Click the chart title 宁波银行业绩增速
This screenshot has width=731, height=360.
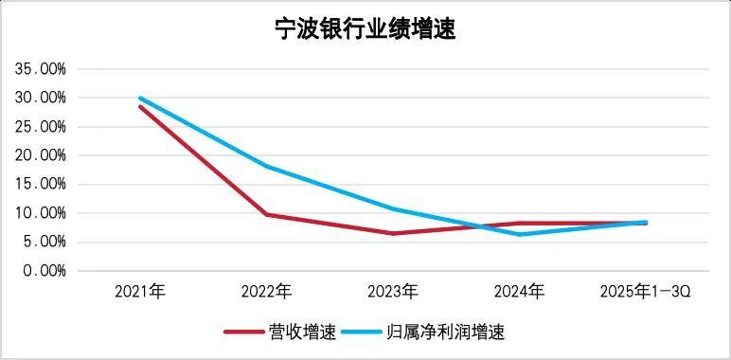pyautogui.click(x=365, y=28)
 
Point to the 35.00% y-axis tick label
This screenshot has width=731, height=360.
pyautogui.click(x=40, y=69)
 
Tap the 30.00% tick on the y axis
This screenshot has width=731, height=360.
pyautogui.click(x=40, y=98)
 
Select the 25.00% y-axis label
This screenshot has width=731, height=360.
pyautogui.click(x=40, y=127)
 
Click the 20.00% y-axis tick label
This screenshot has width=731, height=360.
pyautogui.click(x=40, y=155)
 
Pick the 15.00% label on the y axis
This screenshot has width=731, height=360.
pyautogui.click(x=40, y=184)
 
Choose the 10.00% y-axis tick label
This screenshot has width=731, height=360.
pyautogui.click(x=40, y=213)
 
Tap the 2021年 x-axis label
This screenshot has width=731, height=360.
pyautogui.click(x=140, y=291)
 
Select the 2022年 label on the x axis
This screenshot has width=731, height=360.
pyautogui.click(x=266, y=291)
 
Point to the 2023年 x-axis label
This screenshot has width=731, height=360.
pyautogui.click(x=393, y=291)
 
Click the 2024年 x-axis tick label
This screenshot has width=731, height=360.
pyautogui.click(x=519, y=291)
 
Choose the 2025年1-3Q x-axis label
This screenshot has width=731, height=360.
pyautogui.click(x=646, y=291)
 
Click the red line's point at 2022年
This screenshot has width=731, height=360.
pyautogui.click(x=266, y=214)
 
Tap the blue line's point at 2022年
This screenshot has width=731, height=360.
pyautogui.click(x=266, y=167)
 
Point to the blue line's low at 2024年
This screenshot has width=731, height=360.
pyautogui.click(x=519, y=234)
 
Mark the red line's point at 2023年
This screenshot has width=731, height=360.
pyautogui.click(x=393, y=233)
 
